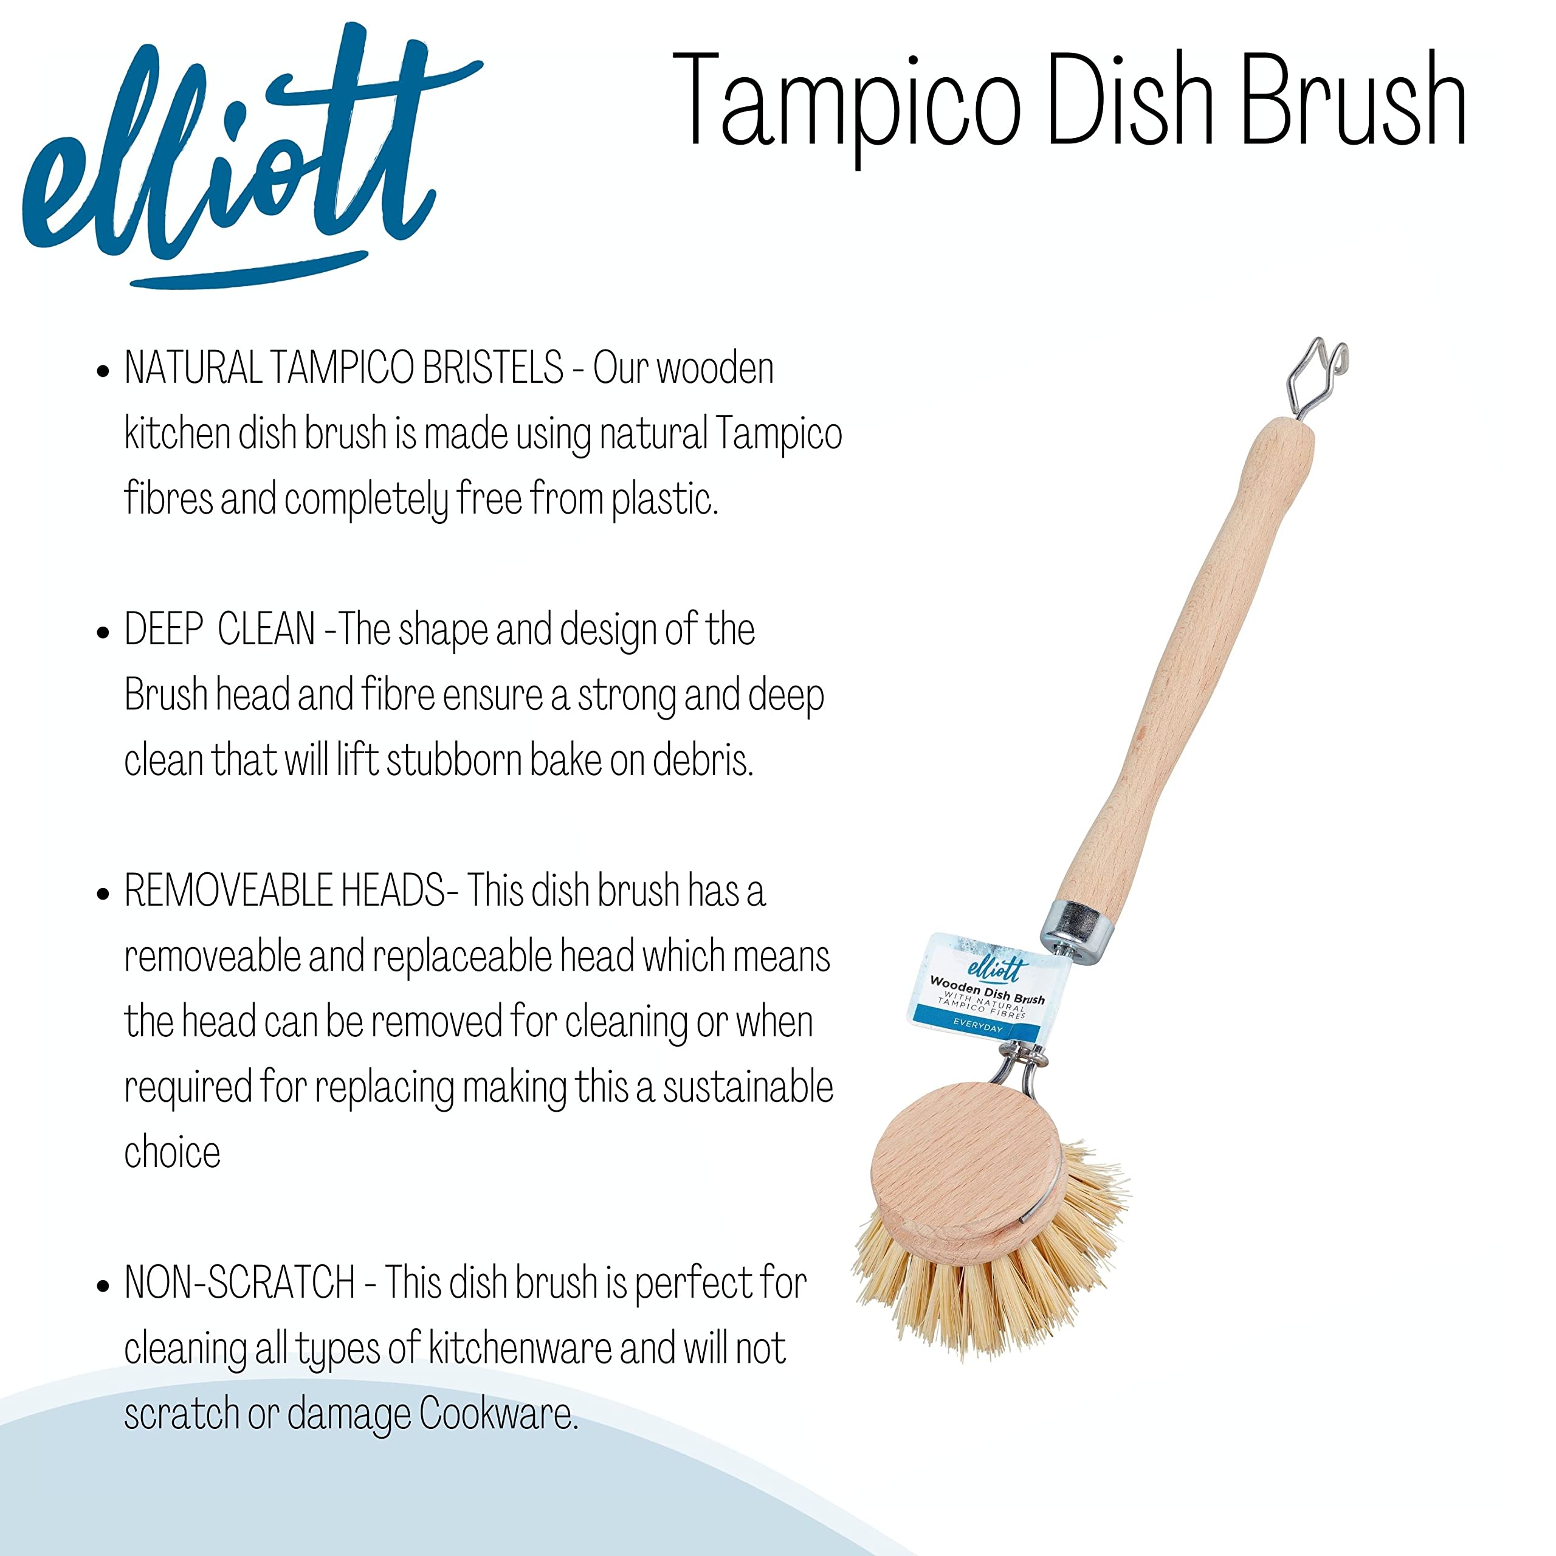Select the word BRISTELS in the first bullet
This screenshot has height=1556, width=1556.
pos(492,369)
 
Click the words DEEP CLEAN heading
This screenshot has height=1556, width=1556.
pos(219,630)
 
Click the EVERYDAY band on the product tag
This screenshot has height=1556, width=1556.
pos(978,1028)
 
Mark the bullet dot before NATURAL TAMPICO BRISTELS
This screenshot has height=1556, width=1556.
pos(102,371)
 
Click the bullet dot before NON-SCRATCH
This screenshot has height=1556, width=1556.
pos(102,1286)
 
